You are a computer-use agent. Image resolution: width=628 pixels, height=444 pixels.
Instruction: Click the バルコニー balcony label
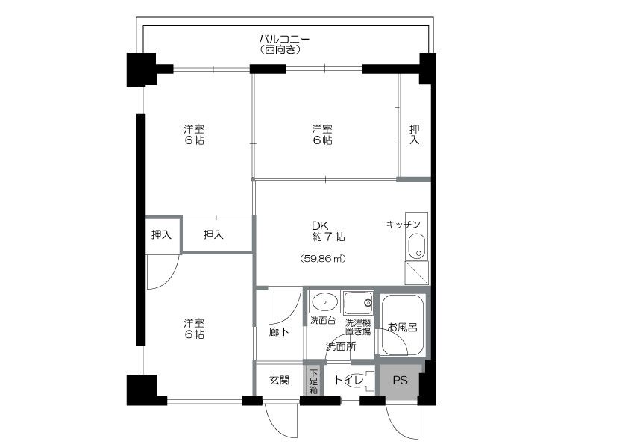tap(284, 40)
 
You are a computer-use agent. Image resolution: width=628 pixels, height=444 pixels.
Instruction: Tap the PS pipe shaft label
tap(400, 380)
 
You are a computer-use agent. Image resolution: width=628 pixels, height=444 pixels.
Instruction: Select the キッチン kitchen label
tap(404, 225)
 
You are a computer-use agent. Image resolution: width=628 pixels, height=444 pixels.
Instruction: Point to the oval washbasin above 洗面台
tap(324, 301)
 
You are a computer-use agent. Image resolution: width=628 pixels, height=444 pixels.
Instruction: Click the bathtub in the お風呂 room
tap(402, 325)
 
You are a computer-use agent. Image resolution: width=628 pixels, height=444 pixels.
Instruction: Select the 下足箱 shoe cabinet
tap(313, 380)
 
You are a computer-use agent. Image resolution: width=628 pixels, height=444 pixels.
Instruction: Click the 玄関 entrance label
tap(279, 380)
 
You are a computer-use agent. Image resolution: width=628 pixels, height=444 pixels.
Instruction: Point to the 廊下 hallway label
tap(279, 332)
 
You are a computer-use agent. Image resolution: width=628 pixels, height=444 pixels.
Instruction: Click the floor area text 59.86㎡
tap(323, 259)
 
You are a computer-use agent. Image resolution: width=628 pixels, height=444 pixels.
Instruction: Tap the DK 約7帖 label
tap(328, 231)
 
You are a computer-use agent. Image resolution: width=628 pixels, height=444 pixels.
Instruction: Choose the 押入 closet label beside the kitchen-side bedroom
tap(415, 134)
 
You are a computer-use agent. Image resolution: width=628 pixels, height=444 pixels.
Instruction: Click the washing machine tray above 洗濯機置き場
tap(359, 303)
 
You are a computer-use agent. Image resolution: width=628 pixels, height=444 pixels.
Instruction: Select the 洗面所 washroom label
tap(341, 346)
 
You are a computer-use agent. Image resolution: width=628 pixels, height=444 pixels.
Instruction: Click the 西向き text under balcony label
tap(280, 49)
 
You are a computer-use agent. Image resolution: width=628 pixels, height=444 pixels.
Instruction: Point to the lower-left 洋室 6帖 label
tap(194, 328)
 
